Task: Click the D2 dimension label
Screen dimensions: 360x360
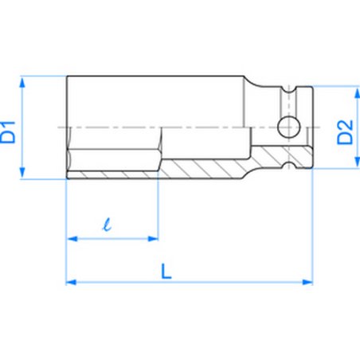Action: click(x=344, y=130)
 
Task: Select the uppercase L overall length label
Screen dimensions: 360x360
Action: click(x=165, y=270)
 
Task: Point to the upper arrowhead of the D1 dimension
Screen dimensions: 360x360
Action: click(x=23, y=81)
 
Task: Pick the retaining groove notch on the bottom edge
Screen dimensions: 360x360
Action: click(x=288, y=164)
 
